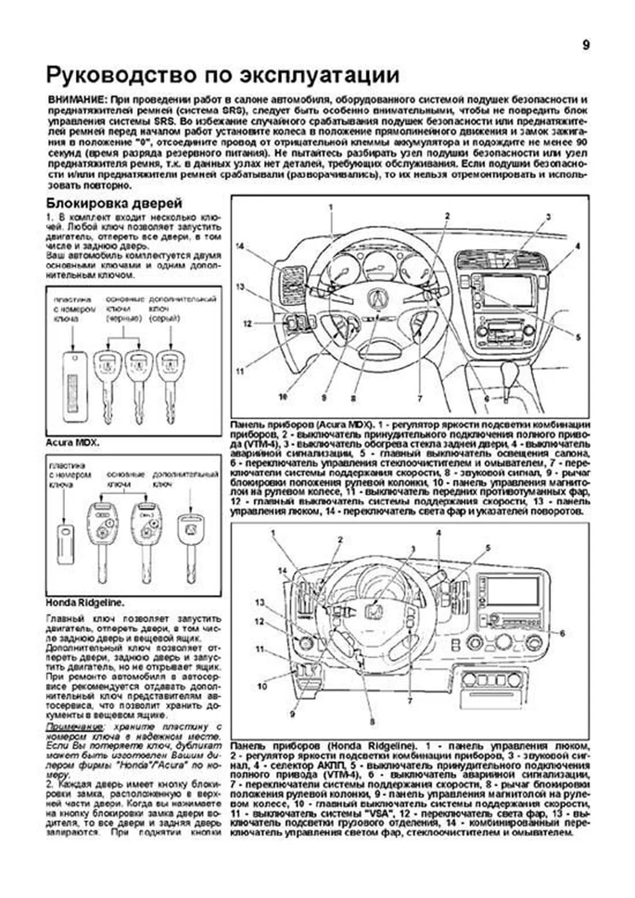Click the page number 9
pyautogui.click(x=586, y=46)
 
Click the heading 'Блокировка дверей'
pyautogui.click(x=114, y=203)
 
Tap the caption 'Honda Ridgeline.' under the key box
pyautogui.click(x=85, y=602)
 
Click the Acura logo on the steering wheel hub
pyautogui.click(x=379, y=300)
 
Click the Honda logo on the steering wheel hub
pyautogui.click(x=374, y=613)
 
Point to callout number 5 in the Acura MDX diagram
pyautogui.click(x=578, y=337)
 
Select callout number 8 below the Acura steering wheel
pyautogui.click(x=353, y=397)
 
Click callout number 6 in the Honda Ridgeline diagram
pyautogui.click(x=562, y=633)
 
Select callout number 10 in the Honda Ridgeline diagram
pyautogui.click(x=262, y=686)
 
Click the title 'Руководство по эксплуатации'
pyautogui.click(x=223, y=76)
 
